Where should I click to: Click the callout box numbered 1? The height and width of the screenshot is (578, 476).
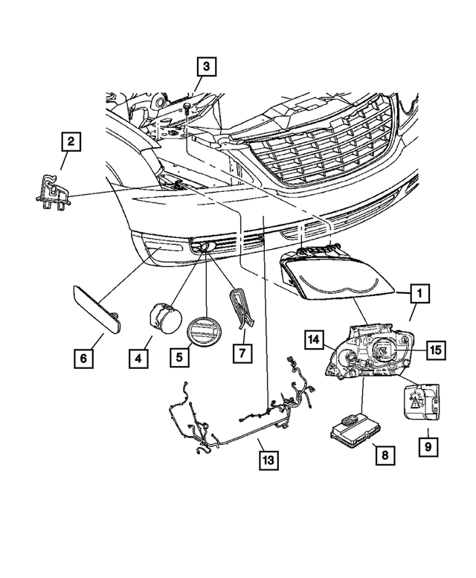point(420,295)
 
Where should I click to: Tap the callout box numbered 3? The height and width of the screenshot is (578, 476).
point(206,68)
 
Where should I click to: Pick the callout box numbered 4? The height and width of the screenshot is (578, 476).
point(138,359)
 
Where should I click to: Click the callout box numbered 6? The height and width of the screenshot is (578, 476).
point(84,359)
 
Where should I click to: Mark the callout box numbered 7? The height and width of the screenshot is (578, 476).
point(241,353)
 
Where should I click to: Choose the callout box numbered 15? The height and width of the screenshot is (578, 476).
point(435,349)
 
